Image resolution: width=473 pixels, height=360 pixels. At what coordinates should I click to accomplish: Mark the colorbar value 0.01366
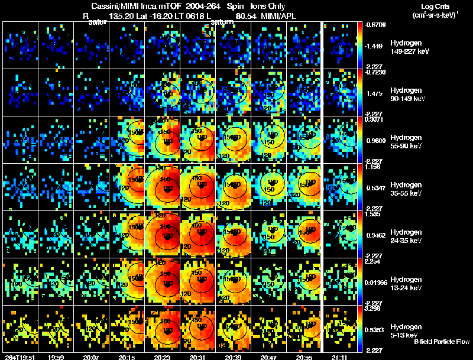pos(377,283)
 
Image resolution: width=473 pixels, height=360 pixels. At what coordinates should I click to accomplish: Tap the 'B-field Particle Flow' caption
pos(441,342)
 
